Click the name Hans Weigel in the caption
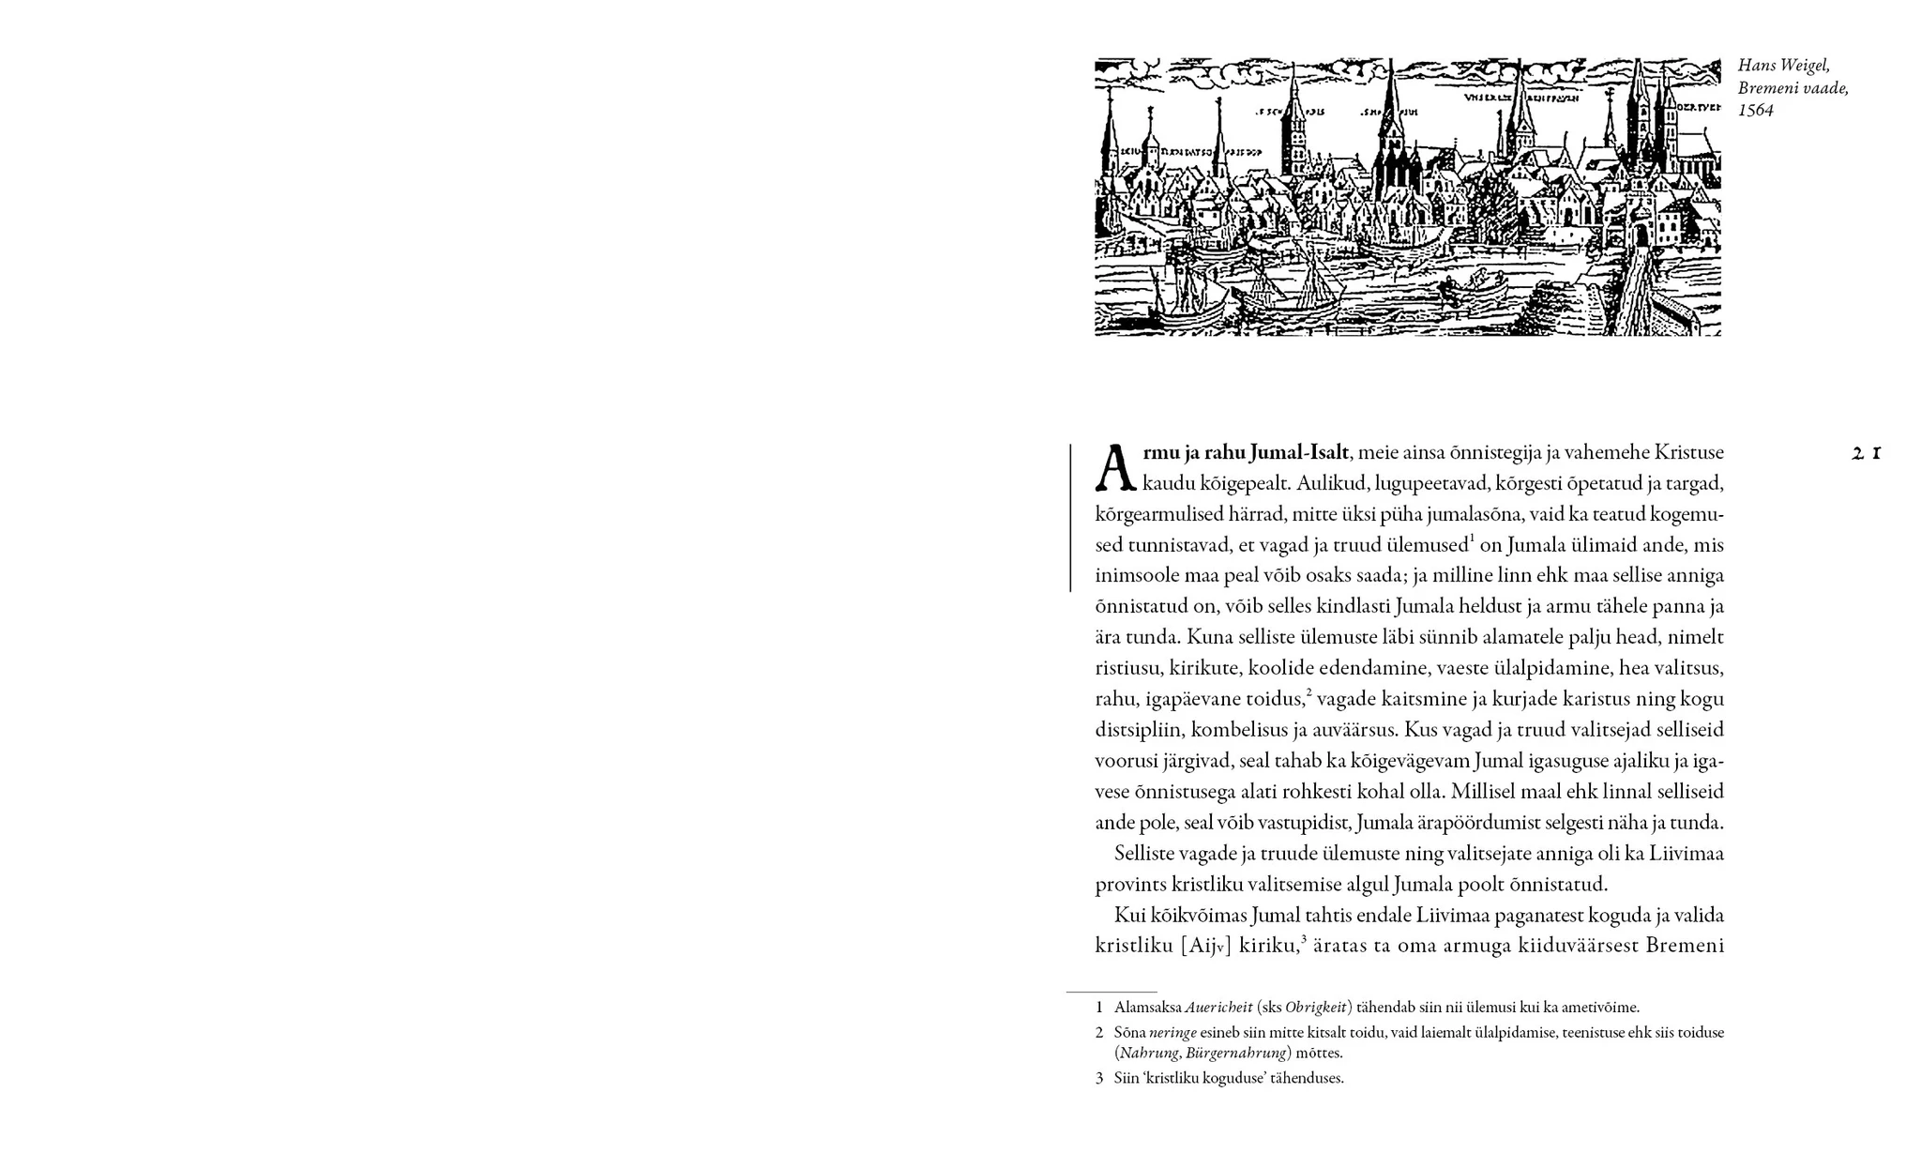(1783, 66)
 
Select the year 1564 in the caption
(1755, 111)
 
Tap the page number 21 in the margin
(1867, 453)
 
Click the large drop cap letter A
(1115, 468)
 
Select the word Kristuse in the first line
(1688, 453)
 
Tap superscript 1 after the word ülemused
(1473, 539)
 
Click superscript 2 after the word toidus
(1308, 692)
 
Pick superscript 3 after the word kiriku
(1304, 938)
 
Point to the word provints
(1129, 885)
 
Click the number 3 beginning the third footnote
(1099, 1079)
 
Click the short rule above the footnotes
(1111, 992)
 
